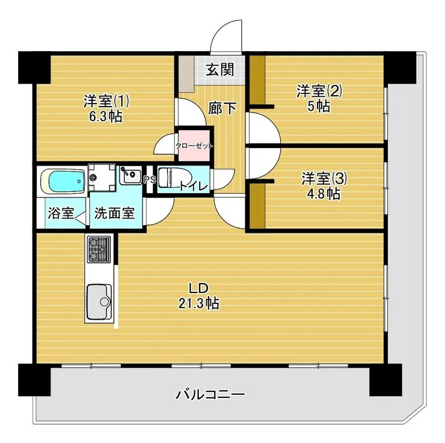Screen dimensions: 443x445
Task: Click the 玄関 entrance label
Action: [x=220, y=69]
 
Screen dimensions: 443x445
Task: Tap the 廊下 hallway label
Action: [x=222, y=108]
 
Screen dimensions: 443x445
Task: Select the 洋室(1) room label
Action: [x=106, y=100]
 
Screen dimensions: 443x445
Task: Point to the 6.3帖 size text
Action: [x=106, y=116]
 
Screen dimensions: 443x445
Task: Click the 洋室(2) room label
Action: [x=319, y=91]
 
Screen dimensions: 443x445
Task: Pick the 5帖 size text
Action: [x=319, y=107]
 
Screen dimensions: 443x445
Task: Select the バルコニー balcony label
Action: [x=210, y=395]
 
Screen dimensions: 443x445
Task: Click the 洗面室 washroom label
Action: [x=117, y=213]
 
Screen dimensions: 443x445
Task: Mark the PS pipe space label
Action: [x=149, y=179]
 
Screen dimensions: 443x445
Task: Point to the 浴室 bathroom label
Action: [x=61, y=213]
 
